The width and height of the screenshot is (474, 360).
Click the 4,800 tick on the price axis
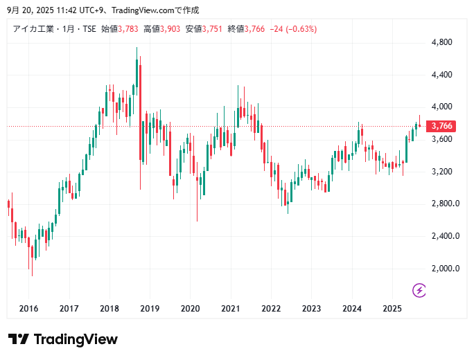coord(441,42)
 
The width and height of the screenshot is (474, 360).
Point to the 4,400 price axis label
coord(441,75)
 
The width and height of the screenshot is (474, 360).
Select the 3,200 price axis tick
coord(441,172)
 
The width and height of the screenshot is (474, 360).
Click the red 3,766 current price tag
coord(441,126)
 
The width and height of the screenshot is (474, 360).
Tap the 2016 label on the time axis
coord(28,308)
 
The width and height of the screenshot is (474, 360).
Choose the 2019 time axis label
coord(150,308)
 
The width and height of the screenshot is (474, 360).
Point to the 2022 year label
coord(271,308)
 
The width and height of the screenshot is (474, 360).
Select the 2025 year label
coord(392,308)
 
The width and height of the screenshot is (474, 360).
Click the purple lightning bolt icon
coord(419,289)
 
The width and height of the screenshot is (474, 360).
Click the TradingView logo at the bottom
coord(63,339)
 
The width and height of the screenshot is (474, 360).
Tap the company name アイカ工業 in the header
coord(34,29)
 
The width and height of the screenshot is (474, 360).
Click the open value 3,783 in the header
coord(129,29)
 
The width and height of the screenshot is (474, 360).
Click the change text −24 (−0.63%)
coord(294,29)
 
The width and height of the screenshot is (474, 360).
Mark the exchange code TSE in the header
coord(89,29)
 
